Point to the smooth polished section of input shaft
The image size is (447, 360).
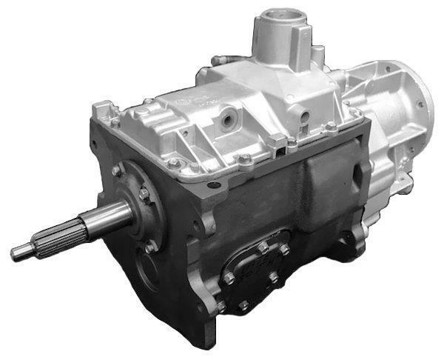pos(104,218)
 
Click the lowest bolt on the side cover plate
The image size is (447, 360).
pos(243,304)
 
